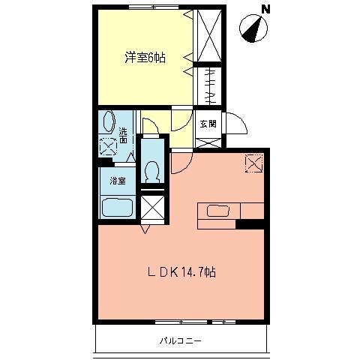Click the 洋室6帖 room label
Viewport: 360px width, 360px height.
145,57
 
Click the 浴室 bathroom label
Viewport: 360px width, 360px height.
117,181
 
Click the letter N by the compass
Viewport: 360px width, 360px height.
265,10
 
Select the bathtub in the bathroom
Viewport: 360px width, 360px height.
117,208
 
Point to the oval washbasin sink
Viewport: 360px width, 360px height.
108,122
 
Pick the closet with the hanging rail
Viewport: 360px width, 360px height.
208,87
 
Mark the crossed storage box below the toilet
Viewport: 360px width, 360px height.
153,207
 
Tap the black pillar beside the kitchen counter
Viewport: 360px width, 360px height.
250,223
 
